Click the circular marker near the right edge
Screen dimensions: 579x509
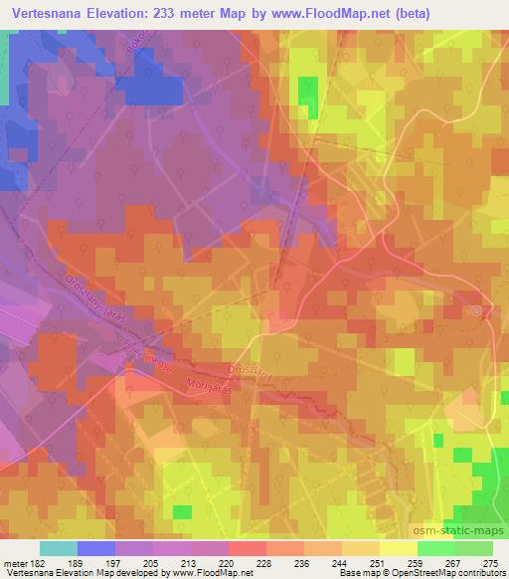[478, 311]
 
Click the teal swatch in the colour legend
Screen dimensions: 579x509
[58, 547]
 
